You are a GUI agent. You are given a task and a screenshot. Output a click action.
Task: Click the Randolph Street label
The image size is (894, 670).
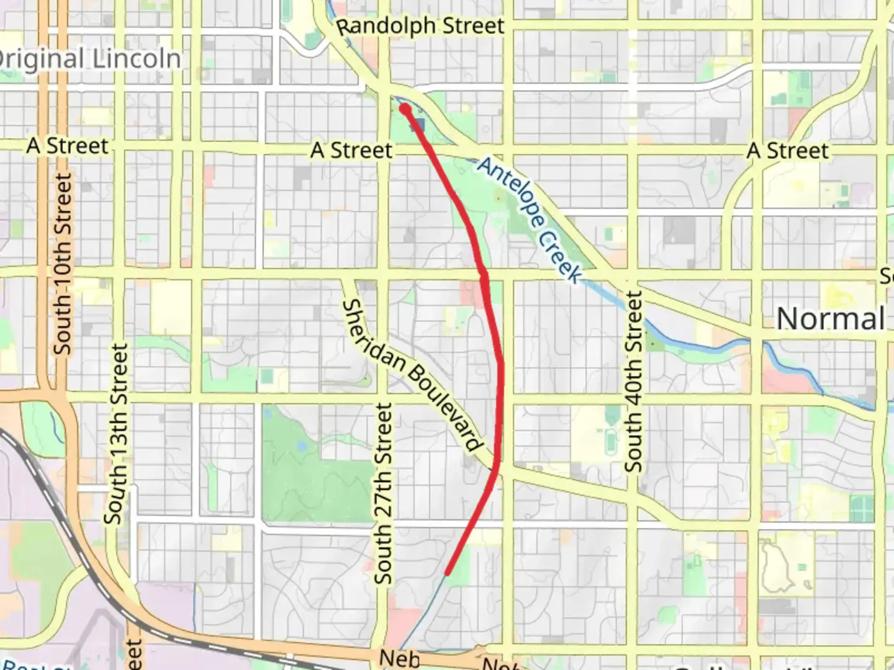(x=420, y=26)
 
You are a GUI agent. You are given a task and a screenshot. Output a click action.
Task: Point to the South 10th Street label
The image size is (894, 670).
(x=63, y=264)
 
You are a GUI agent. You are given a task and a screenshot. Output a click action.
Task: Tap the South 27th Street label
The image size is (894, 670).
(x=384, y=493)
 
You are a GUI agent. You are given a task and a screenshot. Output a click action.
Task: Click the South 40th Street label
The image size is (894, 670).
(x=633, y=382)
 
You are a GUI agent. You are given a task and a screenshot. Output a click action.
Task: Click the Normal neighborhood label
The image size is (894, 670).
(x=830, y=319)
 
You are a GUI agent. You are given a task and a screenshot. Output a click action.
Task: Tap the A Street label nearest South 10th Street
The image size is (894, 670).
(x=68, y=146)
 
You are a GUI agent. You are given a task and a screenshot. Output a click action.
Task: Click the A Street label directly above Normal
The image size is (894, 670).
(x=788, y=150)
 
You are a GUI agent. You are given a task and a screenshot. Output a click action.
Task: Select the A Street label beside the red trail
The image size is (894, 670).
(x=351, y=150)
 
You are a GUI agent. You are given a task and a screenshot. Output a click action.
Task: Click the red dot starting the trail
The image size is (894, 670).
(x=405, y=109)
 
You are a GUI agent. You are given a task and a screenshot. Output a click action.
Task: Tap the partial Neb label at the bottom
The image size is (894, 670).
(x=399, y=658)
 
